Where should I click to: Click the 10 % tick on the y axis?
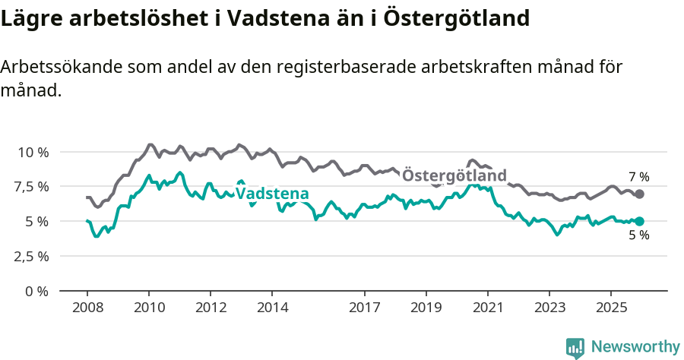pos(33,152)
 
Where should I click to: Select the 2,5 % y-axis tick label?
pos(32,256)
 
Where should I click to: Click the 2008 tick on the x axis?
pos(87,308)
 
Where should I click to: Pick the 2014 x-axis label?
pos(272,308)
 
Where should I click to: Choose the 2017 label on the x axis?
pos(365,308)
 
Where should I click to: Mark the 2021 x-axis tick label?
pos(487,308)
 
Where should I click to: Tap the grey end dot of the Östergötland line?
pos(640,194)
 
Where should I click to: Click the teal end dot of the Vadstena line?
pos(640,221)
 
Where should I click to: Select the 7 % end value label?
pos(639,177)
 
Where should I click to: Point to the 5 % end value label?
pos(639,235)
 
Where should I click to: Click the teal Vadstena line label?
pos(272,193)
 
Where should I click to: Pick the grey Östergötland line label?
pos(454,175)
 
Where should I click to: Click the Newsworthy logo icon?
pos(575,347)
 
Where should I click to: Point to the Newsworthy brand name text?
pos(635,347)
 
